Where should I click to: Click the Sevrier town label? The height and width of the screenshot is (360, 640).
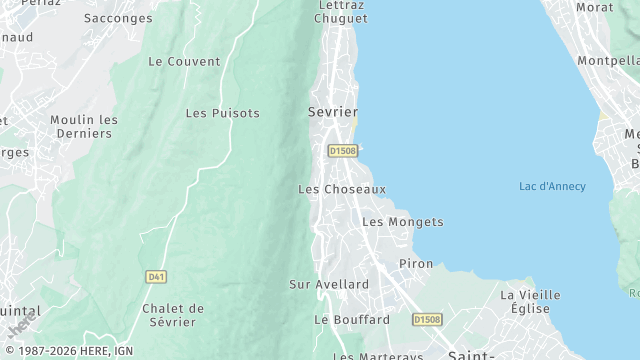pos(333,112)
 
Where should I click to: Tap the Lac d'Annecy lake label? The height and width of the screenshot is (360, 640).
pos(552,187)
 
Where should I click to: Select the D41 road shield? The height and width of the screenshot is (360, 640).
pos(155,276)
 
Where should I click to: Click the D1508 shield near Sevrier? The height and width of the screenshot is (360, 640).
pos(342,151)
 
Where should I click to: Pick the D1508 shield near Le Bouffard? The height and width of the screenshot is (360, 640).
pos(427,320)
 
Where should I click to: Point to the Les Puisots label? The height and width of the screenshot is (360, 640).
pos(222,113)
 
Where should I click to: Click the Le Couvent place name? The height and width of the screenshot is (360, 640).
pos(184,61)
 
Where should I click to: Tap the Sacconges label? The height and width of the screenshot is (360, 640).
pos(118,18)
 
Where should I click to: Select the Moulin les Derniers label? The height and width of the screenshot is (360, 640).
pos(84,126)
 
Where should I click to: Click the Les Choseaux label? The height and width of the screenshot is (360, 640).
pos(342,189)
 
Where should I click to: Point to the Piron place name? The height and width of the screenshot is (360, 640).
pos(416,263)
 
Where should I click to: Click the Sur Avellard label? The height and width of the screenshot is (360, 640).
pos(329,284)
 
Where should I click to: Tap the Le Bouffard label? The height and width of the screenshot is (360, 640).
pos(352,320)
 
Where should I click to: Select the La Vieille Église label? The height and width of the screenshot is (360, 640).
pos(531,301)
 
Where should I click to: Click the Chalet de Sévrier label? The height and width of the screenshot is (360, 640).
pos(173,314)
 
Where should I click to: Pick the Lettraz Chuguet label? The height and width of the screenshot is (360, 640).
pos(340,11)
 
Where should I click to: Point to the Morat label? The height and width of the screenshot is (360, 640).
pos(594,7)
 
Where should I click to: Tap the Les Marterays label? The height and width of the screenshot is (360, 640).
pos(378,355)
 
